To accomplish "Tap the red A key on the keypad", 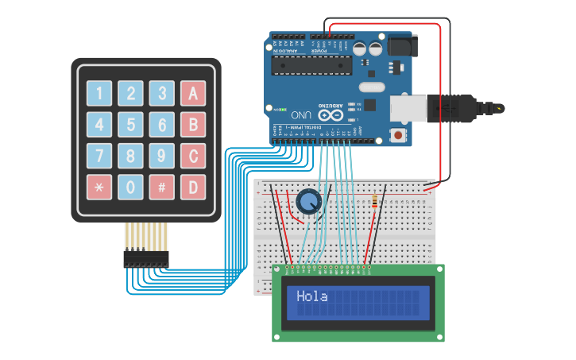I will (193, 93).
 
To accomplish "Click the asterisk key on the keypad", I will (99, 187).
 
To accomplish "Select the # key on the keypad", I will (162, 187).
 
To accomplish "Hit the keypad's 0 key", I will (130, 187).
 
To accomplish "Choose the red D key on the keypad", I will (193, 187).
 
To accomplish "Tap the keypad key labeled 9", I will (162, 156).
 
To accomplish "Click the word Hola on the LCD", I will (312, 296).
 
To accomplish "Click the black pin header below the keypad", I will (146, 258).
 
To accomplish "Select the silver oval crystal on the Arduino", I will (371, 87).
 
